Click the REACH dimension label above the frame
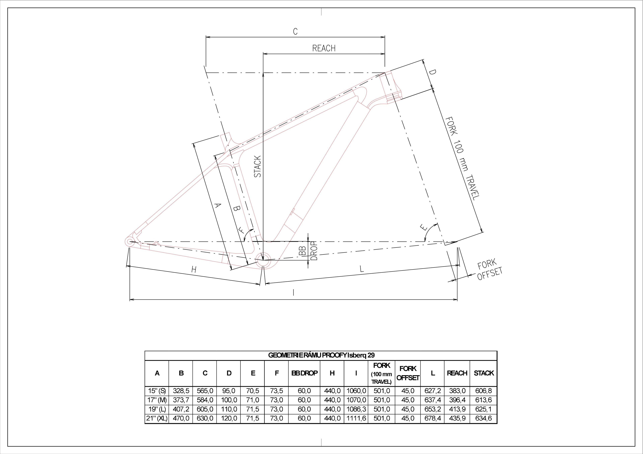[324, 48]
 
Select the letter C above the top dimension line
[295, 31]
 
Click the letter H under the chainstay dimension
[194, 270]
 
